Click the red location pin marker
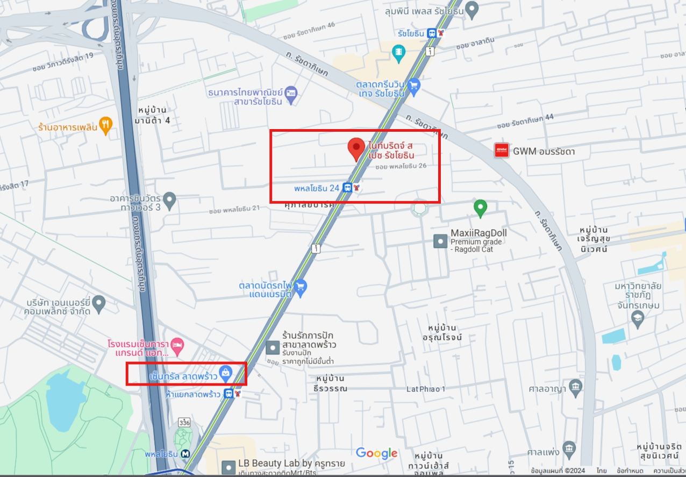tap(356, 148)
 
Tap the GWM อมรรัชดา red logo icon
tap(501, 151)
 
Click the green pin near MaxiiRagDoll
tap(480, 207)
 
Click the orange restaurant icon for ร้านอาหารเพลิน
tap(106, 126)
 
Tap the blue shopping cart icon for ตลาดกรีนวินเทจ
tap(413, 86)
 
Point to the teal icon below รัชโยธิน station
tap(399, 52)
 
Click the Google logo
tap(376, 453)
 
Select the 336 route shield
tap(184, 422)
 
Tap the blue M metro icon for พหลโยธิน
tap(185, 454)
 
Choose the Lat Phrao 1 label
tap(426, 389)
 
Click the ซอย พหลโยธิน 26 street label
tap(401, 166)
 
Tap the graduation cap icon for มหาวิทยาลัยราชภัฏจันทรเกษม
tap(637, 318)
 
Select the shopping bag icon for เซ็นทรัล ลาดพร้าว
tap(226, 372)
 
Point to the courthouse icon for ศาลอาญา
tap(576, 386)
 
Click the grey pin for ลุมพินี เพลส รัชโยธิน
tap(471, 9)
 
